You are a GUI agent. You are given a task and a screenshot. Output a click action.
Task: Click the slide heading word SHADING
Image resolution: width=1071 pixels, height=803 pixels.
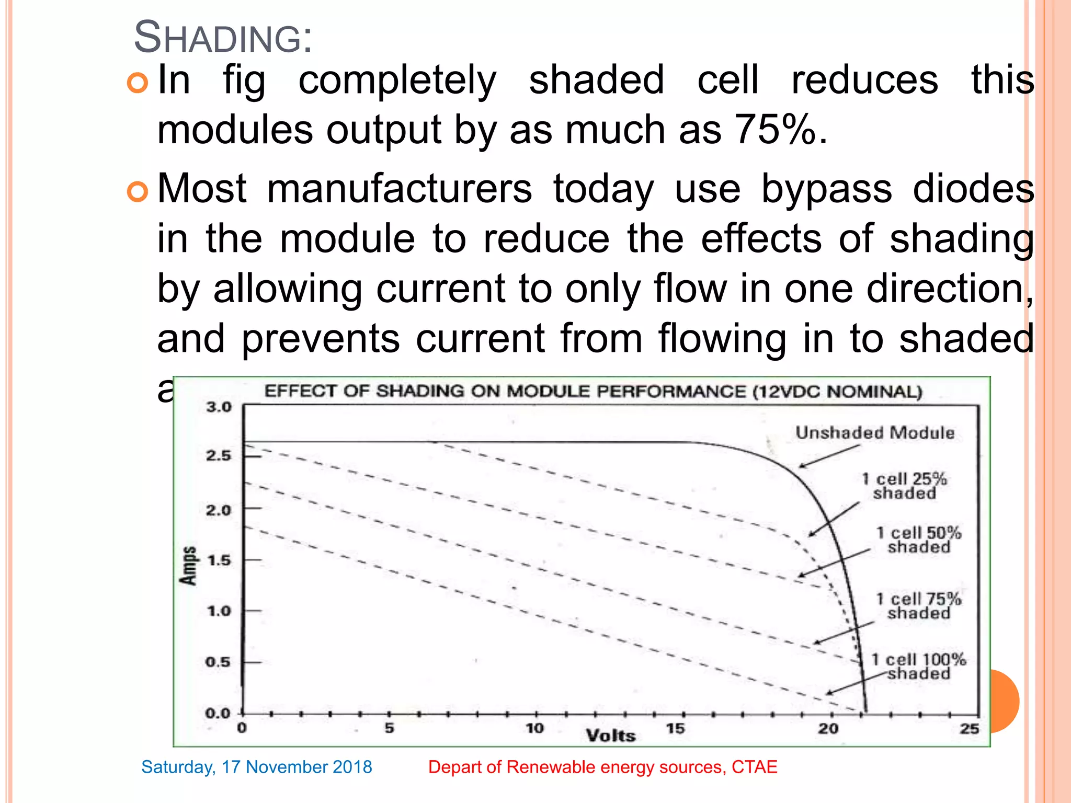point(222,38)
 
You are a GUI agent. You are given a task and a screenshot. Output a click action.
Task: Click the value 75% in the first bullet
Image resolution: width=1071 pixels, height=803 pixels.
point(774,130)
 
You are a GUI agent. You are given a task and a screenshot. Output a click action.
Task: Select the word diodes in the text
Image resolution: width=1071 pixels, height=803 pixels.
point(973,188)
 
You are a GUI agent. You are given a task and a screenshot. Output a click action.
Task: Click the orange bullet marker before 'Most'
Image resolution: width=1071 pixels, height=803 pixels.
point(138,192)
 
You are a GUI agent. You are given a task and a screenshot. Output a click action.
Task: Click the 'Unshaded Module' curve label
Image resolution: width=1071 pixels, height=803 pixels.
point(874,433)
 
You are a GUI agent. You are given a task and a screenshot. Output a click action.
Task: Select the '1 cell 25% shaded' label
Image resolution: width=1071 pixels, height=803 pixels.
point(904,486)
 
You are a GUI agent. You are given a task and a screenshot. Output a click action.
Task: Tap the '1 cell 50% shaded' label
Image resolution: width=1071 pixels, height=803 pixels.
point(919,540)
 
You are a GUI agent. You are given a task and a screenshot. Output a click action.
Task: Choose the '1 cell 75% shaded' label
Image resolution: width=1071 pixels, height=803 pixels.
point(919,606)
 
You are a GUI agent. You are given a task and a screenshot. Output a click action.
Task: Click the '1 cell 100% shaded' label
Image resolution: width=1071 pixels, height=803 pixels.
point(919,667)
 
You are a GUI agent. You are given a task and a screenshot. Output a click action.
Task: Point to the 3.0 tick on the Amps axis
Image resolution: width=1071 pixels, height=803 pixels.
point(219,407)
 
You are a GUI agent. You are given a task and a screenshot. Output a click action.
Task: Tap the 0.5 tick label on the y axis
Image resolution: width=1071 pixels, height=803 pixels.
point(218,662)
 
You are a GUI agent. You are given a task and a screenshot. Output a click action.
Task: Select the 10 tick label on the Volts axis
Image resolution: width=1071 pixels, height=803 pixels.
point(534,728)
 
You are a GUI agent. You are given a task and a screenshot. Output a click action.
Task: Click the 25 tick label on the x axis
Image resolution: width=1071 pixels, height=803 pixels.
point(969,729)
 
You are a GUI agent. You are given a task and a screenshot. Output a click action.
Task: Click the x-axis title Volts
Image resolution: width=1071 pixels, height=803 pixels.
point(610,736)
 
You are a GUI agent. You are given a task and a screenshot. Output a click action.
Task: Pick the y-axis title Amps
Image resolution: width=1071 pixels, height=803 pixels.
point(189,566)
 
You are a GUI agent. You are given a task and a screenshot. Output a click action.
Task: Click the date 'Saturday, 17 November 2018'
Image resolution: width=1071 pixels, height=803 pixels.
point(256,767)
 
